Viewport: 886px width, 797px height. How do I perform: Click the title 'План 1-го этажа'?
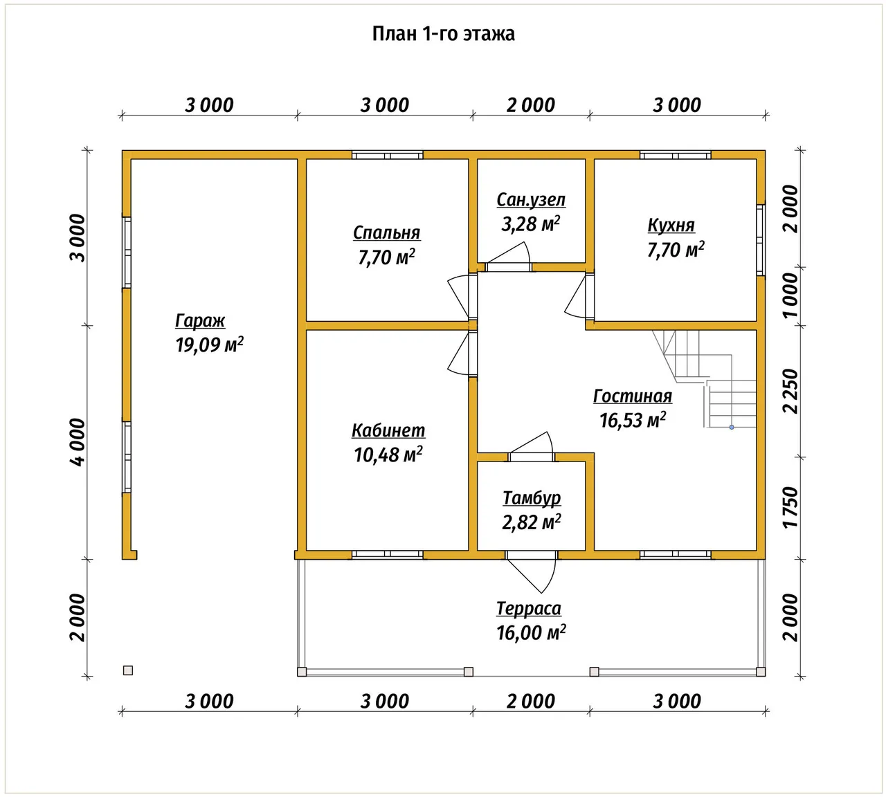click(x=443, y=34)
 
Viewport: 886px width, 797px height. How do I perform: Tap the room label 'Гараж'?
click(x=200, y=321)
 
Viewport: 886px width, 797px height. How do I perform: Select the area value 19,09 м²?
click(x=209, y=345)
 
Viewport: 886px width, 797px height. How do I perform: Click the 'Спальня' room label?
click(x=386, y=232)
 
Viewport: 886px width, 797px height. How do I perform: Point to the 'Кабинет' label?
click(x=388, y=430)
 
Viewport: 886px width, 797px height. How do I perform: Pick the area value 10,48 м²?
click(x=388, y=455)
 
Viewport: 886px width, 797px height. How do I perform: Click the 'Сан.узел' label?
click(x=531, y=200)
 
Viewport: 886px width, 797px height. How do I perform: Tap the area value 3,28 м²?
click(x=530, y=224)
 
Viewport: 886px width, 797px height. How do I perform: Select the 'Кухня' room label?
click(x=671, y=226)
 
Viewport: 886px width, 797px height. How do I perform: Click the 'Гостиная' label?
click(x=633, y=396)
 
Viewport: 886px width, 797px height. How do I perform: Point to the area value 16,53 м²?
click(x=633, y=420)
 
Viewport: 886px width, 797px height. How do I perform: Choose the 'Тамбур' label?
click(x=532, y=499)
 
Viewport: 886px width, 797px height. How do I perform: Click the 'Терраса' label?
click(x=529, y=609)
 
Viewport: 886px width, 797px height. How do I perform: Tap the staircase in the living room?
click(x=705, y=379)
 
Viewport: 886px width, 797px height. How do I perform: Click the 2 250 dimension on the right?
click(x=790, y=391)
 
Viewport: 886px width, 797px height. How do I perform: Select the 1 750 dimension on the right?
click(x=790, y=507)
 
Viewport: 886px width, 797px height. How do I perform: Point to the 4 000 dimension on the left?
click(x=78, y=443)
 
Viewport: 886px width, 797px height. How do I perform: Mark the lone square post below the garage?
click(x=128, y=670)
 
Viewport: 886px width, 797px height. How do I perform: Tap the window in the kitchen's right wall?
click(x=760, y=240)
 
